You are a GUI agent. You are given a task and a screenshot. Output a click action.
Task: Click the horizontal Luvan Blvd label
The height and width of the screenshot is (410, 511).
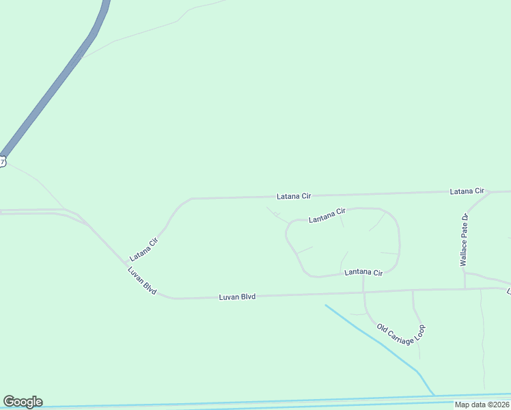(237, 297)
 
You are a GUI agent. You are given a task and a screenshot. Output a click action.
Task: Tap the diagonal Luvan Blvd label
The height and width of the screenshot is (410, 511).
(142, 281)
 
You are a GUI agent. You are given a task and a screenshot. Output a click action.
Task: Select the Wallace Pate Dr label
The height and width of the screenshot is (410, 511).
(464, 240)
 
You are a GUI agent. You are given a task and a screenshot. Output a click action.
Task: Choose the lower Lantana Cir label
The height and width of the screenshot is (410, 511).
(363, 272)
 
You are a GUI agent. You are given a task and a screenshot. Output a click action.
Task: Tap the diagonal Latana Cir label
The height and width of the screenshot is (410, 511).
(144, 249)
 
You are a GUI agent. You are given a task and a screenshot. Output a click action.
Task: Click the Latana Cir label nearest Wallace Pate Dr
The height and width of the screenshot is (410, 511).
(467, 191)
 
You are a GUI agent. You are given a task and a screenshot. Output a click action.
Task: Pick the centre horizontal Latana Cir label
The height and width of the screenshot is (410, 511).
(294, 196)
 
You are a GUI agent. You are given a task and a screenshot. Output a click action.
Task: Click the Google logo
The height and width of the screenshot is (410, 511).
(23, 402)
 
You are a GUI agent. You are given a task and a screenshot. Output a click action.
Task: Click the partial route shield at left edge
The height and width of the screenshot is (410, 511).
(2, 162)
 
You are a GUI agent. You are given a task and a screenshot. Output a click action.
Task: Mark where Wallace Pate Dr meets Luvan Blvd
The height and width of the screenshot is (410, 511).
(465, 288)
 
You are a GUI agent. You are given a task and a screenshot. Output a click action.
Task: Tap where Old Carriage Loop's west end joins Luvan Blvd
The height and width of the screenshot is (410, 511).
(364, 292)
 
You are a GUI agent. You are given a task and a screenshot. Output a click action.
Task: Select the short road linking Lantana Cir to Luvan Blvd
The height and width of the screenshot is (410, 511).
(363, 282)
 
